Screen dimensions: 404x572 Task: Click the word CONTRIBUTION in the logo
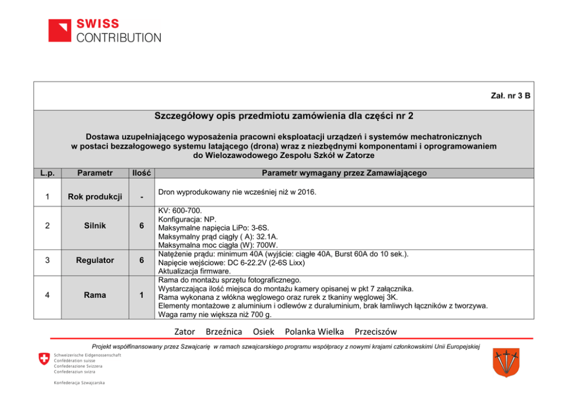119,38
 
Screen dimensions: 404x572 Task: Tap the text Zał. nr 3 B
507,95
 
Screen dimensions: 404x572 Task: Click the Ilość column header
141,172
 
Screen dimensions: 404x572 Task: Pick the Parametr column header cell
95,172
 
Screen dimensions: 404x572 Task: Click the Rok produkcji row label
95,197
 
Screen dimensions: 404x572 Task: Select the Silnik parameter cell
95,226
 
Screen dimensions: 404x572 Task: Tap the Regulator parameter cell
95,260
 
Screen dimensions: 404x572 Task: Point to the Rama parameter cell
95,295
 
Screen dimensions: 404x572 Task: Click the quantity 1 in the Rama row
141,295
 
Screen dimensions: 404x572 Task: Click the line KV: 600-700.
180,211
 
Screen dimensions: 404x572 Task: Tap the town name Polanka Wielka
314,331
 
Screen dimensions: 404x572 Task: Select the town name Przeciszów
376,331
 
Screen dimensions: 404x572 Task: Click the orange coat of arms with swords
506,363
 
